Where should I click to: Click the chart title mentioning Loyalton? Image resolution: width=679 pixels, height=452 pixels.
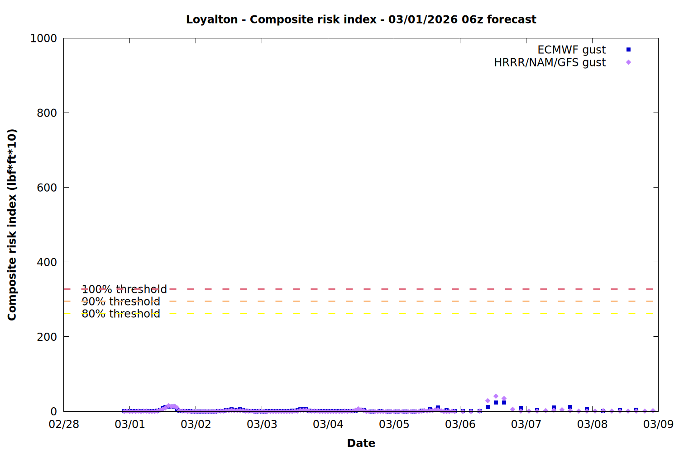click(361, 19)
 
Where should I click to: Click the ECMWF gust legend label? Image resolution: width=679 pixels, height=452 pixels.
click(571, 50)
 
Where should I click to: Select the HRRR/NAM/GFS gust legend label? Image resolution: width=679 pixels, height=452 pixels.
click(550, 62)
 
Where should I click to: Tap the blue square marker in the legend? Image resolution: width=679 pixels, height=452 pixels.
click(628, 50)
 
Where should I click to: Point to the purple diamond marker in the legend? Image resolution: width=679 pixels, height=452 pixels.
click(628, 62)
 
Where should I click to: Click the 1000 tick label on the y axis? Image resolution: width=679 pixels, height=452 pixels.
click(43, 38)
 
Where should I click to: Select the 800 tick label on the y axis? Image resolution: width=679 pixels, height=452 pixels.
click(47, 113)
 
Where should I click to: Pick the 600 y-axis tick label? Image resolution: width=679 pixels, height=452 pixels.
click(47, 188)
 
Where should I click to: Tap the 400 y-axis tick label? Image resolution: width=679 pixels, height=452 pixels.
click(47, 262)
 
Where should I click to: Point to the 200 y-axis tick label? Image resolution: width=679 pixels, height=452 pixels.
click(47, 337)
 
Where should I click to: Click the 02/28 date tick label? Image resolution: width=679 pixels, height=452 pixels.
click(63, 424)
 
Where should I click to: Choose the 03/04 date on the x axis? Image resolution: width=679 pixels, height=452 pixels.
click(328, 424)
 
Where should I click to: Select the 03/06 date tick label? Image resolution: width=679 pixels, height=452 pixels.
click(460, 424)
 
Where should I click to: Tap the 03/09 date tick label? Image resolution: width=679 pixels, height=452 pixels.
click(658, 424)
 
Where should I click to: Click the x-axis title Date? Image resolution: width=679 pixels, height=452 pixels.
click(361, 443)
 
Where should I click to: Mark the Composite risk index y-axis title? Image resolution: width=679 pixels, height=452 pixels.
click(12, 225)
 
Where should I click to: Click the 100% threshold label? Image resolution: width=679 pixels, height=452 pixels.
click(124, 289)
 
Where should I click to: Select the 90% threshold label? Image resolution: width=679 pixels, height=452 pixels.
click(121, 301)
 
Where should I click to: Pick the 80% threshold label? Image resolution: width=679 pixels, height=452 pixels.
click(121, 314)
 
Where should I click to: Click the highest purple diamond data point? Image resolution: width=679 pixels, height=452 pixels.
click(496, 396)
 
